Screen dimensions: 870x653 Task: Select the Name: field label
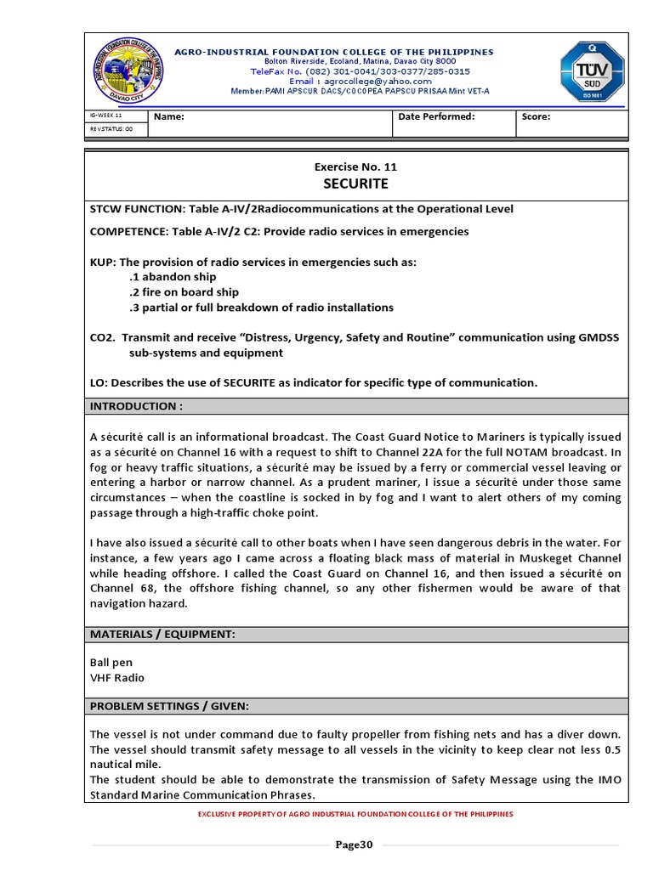168,117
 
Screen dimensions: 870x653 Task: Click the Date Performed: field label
436,117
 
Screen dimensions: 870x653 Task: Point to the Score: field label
537,117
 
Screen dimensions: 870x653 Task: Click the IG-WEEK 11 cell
106,115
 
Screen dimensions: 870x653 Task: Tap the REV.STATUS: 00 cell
111,129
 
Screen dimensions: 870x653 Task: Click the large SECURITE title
355,184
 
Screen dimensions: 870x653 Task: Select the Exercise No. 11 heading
355,167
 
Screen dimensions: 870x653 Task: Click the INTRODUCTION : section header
136,406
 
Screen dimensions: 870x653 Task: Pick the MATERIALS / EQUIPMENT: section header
162,634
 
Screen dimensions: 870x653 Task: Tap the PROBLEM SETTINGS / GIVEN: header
169,706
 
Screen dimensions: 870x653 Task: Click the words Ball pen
111,662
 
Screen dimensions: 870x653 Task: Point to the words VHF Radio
117,678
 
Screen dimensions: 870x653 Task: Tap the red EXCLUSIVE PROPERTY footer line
355,814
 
